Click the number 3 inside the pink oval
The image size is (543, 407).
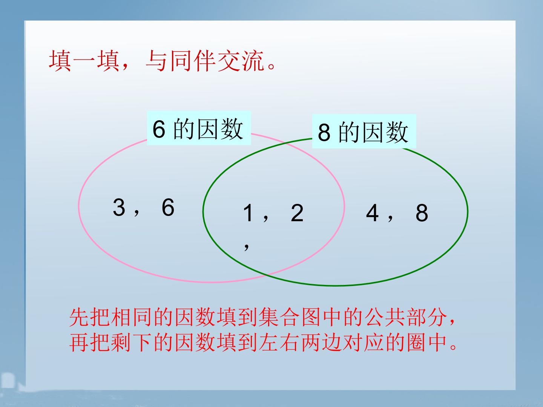[119, 208]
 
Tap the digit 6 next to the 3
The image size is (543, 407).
[168, 208]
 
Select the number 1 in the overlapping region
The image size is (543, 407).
[248, 213]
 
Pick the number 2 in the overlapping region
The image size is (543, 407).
[297, 213]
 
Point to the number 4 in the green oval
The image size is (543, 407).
[372, 214]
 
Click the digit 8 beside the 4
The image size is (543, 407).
[422, 214]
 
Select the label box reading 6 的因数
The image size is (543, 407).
[199, 129]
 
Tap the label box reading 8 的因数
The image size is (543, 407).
[364, 132]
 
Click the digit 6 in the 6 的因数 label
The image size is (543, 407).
[159, 129]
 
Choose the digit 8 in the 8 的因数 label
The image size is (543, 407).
[324, 132]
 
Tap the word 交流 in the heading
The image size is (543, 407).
[241, 61]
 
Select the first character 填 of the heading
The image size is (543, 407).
[60, 61]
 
